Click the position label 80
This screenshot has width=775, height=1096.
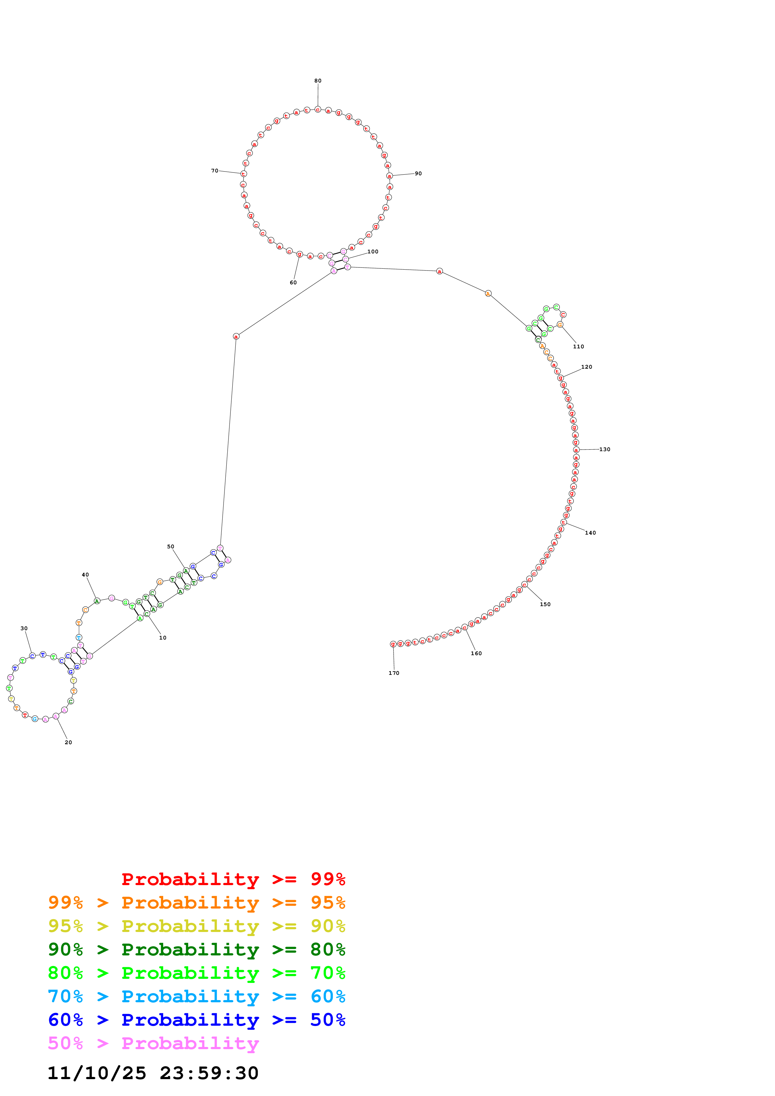(318, 81)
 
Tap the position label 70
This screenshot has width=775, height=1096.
(214, 170)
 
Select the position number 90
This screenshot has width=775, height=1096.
(418, 173)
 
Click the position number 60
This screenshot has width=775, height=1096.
(293, 283)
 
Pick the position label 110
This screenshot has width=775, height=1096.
(578, 346)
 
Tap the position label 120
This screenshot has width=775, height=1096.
(586, 367)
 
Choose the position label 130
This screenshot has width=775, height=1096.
(605, 449)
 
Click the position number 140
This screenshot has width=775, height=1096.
(590, 533)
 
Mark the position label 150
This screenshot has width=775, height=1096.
(545, 604)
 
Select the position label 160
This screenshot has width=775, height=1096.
(476, 654)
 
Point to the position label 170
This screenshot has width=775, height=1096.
(394, 673)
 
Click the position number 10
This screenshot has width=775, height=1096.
(163, 638)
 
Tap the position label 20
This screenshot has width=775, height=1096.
(68, 742)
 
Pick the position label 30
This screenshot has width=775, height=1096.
(24, 628)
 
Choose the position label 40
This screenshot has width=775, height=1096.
(85, 575)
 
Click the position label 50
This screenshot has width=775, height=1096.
(170, 546)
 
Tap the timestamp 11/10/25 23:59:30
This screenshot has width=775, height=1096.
(153, 1073)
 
